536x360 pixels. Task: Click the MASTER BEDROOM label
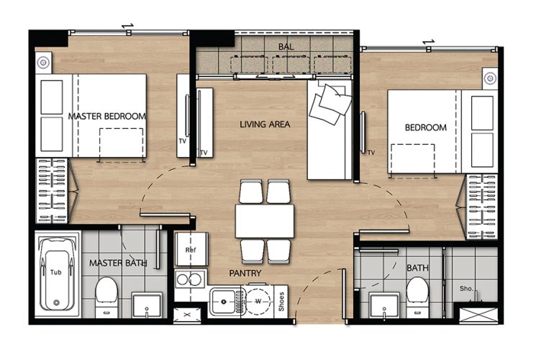pos(107,117)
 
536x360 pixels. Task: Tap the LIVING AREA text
pos(265,125)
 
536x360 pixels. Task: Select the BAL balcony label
pos(286,47)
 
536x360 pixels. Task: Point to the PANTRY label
pos(245,273)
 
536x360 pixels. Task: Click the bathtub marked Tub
pos(57,274)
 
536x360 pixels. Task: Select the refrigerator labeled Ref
pos(191,249)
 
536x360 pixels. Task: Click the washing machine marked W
pos(258,302)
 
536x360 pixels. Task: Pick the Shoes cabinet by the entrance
pos(281,302)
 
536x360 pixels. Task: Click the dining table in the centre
pos(265,221)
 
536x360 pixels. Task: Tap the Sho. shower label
pos(466,289)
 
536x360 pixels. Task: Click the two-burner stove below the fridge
pos(190,279)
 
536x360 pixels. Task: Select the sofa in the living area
pos(330,130)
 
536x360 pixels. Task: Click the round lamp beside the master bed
pos(43,63)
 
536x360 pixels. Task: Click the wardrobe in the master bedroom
pos(52,191)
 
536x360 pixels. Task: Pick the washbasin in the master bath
pos(147,305)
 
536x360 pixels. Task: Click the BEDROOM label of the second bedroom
pos(426,127)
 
